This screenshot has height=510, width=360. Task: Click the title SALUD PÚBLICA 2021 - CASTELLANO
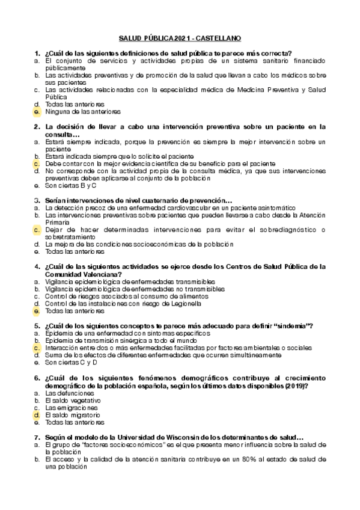pos(180,38)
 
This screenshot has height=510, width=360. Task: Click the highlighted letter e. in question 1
pos(37,112)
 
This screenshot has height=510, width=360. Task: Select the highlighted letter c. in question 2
pos(37,164)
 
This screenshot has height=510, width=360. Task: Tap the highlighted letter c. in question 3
pos(37,230)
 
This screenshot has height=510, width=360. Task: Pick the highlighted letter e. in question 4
pos(37,311)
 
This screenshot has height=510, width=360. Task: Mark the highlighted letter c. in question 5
pos(37,348)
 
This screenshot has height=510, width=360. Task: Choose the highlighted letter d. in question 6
pos(37,415)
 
